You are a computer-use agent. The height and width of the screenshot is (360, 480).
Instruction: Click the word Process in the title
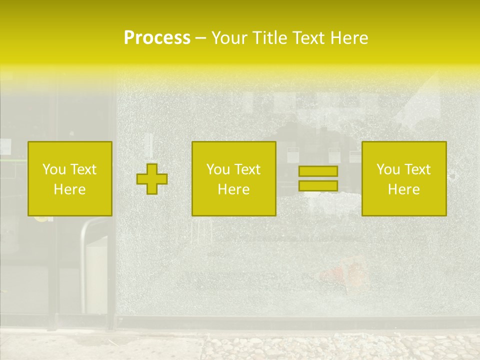tap(157, 38)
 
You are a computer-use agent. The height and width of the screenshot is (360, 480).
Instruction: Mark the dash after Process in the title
tap(201, 39)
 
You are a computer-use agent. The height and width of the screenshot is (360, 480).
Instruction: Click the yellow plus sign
tap(152, 179)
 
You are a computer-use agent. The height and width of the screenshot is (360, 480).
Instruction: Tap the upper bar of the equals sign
tap(318, 171)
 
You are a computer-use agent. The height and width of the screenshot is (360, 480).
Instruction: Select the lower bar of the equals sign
tap(318, 186)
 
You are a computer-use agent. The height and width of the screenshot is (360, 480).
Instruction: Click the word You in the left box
tap(54, 169)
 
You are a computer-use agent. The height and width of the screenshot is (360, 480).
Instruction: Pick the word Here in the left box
tap(69, 189)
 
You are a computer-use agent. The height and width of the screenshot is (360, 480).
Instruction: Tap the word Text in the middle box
tap(247, 169)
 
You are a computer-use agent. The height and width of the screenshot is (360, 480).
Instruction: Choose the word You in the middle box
tap(218, 169)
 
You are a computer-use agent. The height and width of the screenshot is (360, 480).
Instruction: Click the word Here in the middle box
tap(233, 189)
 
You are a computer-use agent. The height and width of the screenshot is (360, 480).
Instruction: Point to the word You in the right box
tap(388, 169)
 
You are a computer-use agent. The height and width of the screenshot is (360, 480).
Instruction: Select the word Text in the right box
tap(417, 169)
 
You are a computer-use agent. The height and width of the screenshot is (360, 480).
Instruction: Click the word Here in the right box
tap(403, 189)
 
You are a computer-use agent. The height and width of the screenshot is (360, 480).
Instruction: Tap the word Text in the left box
tap(83, 169)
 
